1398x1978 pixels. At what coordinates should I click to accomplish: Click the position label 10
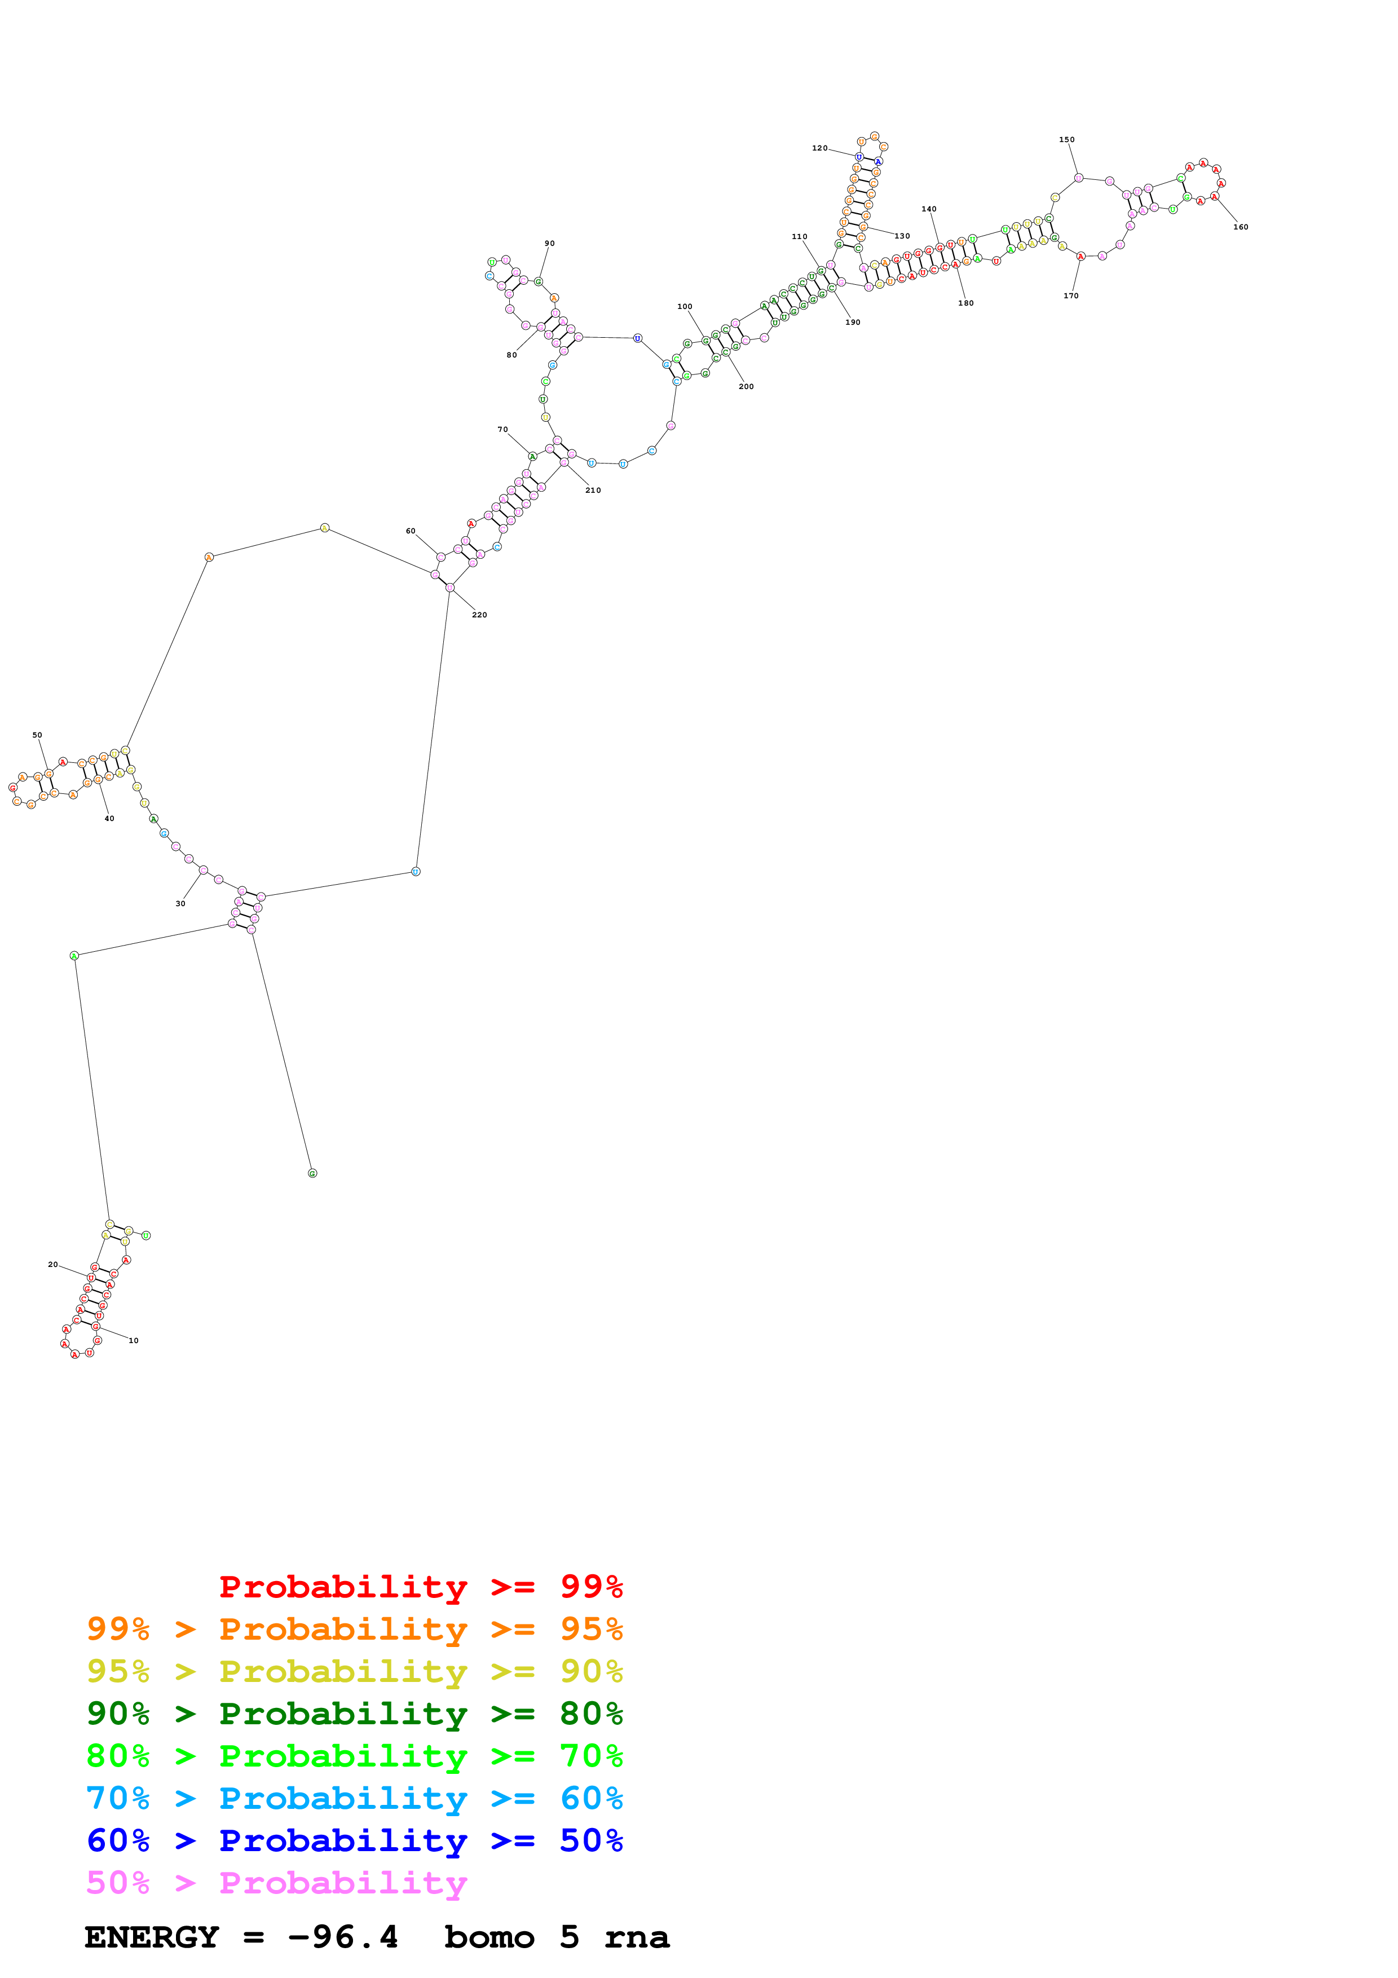(x=134, y=1340)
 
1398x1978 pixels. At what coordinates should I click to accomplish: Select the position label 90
(x=549, y=243)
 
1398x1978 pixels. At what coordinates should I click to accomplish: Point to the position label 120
(x=819, y=148)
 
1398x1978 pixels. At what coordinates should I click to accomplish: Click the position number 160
(x=1240, y=227)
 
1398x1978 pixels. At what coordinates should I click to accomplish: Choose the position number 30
(x=180, y=904)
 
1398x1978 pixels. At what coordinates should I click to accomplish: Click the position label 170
(x=1071, y=295)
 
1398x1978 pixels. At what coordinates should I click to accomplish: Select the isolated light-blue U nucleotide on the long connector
(x=416, y=871)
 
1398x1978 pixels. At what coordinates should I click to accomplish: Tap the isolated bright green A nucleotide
(x=74, y=955)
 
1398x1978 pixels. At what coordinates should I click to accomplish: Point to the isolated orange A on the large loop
(x=209, y=558)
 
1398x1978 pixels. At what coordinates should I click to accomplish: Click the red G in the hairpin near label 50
(x=13, y=787)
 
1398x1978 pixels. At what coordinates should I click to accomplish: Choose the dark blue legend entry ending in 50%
(x=355, y=1841)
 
